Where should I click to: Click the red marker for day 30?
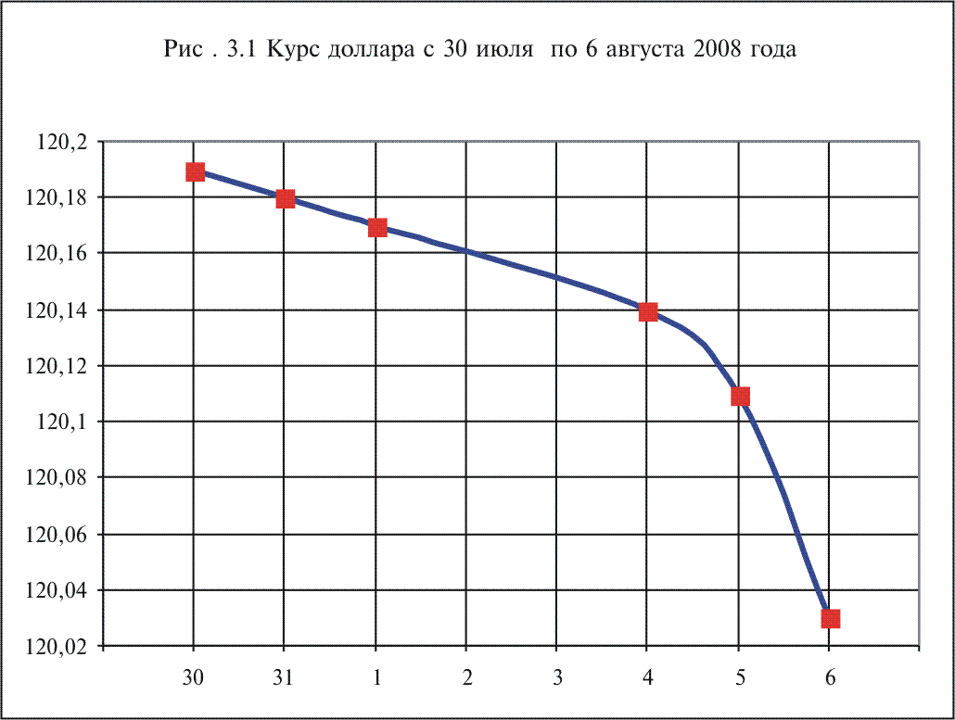195,171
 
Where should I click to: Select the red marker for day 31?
286,199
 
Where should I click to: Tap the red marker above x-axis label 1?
376,227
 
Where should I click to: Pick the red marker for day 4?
648,311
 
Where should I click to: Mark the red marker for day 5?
740,396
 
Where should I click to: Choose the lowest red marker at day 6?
830,618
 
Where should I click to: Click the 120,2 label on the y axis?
61,142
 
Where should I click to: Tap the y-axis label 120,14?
57,310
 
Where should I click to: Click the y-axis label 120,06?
57,536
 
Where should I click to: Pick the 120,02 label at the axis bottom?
57,648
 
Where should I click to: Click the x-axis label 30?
194,677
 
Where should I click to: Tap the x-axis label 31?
285,677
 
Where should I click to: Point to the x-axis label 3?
557,677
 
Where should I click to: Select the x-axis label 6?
830,677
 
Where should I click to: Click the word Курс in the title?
294,51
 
